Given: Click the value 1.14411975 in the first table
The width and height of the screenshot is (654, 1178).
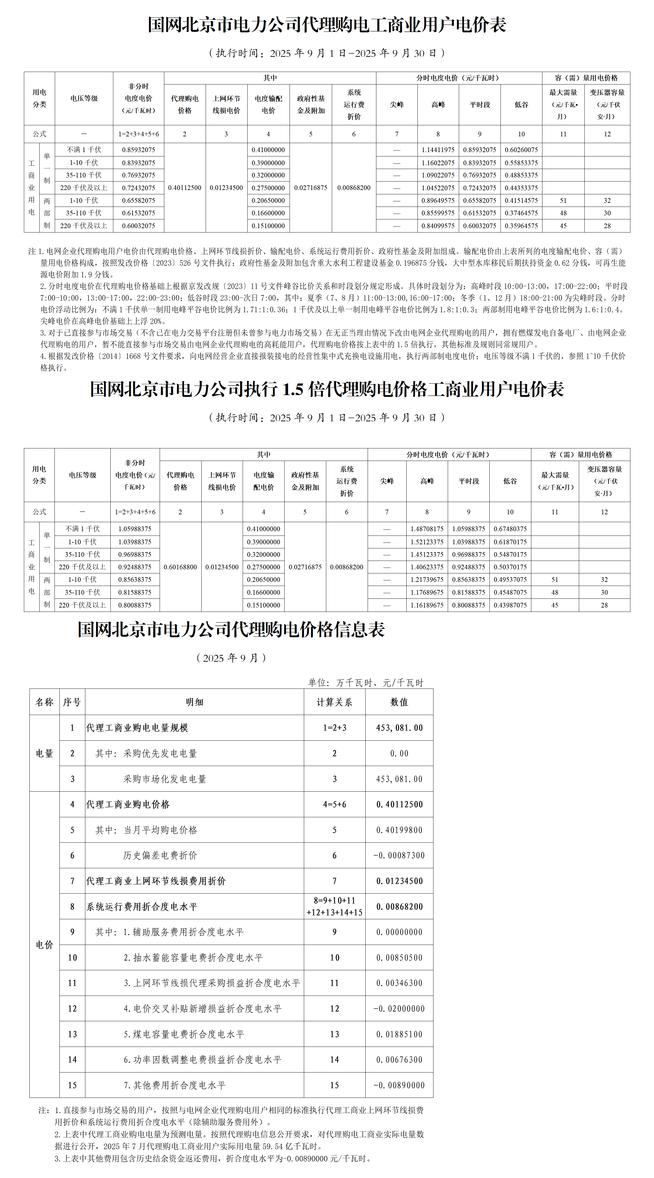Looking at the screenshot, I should tap(438, 149).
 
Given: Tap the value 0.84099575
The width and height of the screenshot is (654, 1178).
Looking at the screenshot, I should tap(438, 226).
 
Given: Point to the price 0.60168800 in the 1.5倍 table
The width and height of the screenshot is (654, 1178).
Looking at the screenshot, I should tap(180, 567).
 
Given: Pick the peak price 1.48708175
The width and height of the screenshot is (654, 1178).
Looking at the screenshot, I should tap(427, 529).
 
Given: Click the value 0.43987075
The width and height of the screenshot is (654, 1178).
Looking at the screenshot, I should tap(510, 605).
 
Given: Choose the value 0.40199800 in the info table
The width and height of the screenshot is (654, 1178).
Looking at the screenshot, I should tap(399, 830).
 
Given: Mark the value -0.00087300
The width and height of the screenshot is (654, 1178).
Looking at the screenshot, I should tap(399, 855).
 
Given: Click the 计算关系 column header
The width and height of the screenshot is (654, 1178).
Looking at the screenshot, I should tap(334, 702).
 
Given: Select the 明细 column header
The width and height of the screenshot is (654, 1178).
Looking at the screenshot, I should tap(194, 702).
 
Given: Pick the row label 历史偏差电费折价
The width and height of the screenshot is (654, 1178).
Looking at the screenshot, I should tap(160, 855).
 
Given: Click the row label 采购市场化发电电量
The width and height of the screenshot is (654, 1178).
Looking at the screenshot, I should tap(165, 779).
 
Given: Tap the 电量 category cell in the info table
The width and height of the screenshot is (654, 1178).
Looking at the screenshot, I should tap(44, 753).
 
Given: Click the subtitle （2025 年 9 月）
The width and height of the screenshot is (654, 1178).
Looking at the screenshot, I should tap(231, 658).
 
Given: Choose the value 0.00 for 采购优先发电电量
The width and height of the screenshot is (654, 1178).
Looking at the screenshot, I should tap(399, 753).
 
